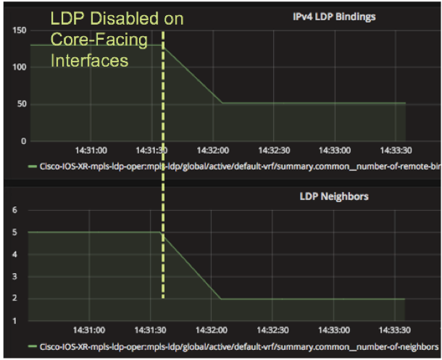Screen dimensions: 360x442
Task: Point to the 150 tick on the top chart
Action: pos(18,30)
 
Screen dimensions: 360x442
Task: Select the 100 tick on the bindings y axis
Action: pos(18,67)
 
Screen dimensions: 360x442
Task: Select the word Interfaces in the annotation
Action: pos(90,61)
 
